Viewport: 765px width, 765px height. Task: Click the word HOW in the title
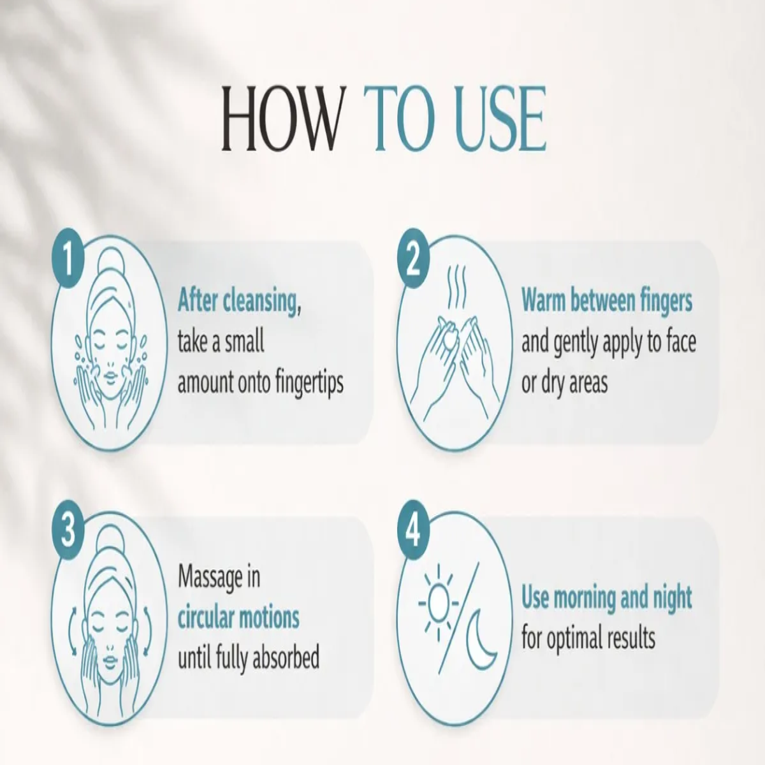coord(281,119)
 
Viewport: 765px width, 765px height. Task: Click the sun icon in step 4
coord(438,603)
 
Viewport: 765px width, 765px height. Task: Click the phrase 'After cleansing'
coord(237,302)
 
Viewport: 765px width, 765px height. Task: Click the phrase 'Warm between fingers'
coord(607,301)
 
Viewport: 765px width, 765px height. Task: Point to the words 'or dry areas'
coord(565,384)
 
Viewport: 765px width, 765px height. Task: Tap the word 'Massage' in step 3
coord(210,577)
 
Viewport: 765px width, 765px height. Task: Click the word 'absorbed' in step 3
coord(286,658)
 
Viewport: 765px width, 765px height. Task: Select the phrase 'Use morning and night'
coord(607,597)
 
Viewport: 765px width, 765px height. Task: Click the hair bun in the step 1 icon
coord(111,259)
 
